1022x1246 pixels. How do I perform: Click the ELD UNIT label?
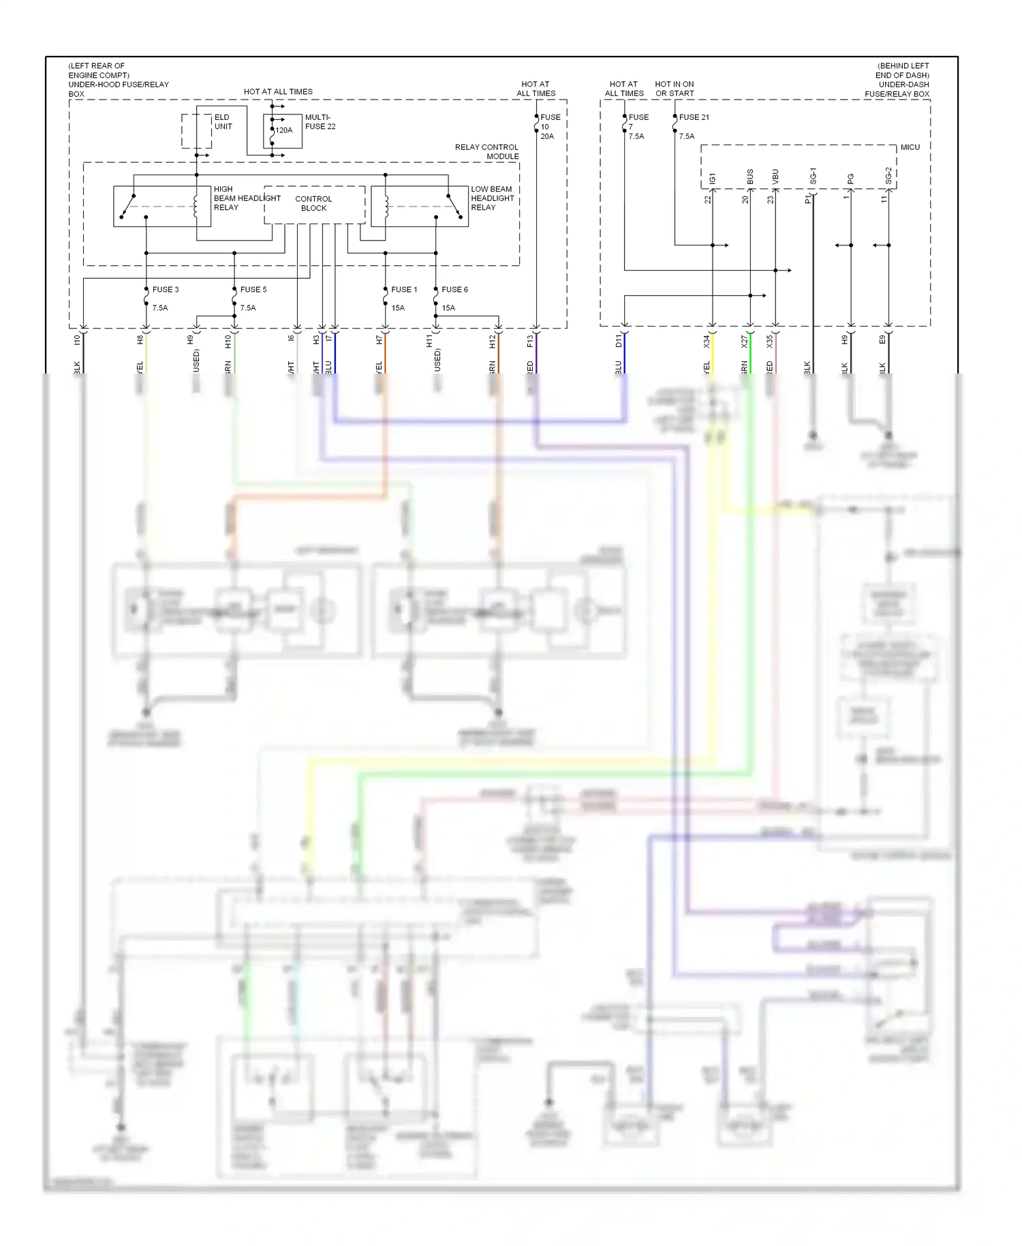[223, 122]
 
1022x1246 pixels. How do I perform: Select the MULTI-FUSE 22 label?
[320, 122]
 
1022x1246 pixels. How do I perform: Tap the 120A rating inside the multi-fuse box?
[284, 130]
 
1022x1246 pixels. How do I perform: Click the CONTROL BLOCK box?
[314, 204]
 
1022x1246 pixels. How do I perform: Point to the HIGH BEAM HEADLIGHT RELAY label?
[246, 198]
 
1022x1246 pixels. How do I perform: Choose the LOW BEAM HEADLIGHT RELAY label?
[492, 198]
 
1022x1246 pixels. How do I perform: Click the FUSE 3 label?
[166, 290]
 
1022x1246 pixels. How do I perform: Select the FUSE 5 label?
[253, 290]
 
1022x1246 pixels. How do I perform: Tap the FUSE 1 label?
[404, 290]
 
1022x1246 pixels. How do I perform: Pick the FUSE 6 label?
[454, 290]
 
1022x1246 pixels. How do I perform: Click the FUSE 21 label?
[694, 117]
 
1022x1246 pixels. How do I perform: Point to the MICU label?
[910, 147]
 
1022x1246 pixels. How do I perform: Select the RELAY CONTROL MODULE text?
[486, 152]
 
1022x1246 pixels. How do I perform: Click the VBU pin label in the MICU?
[775, 177]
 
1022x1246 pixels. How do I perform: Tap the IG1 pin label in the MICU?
[713, 179]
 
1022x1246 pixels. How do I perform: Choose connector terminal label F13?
[530, 341]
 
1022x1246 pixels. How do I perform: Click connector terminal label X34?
[707, 341]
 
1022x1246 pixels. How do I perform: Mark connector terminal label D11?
[619, 341]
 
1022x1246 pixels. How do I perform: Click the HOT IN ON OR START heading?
[675, 89]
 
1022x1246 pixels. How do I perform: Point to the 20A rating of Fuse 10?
[547, 136]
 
